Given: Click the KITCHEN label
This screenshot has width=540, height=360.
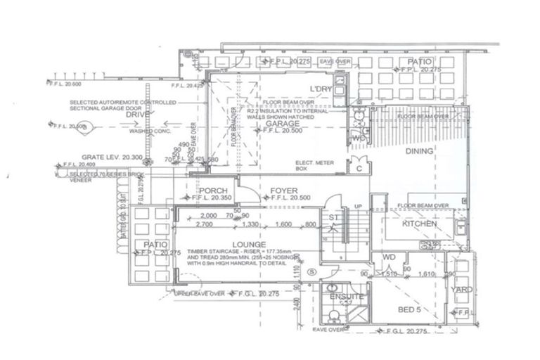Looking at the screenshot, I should click(420, 224).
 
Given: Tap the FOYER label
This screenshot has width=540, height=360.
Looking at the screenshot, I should click(283, 191).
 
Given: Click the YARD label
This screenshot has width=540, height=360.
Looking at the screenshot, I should click(462, 290).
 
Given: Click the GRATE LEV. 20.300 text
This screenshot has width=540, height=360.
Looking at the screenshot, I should click(85, 157).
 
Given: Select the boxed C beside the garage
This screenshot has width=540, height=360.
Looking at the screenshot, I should click(358, 169).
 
